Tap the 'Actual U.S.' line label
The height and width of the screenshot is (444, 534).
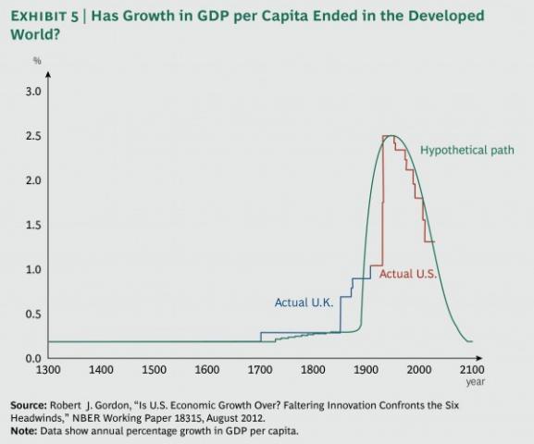tap(408, 275)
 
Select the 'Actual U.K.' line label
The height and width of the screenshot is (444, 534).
tap(304, 302)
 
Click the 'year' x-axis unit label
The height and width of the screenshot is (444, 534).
tap(475, 381)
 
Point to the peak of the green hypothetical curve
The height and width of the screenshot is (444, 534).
tap(393, 136)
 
